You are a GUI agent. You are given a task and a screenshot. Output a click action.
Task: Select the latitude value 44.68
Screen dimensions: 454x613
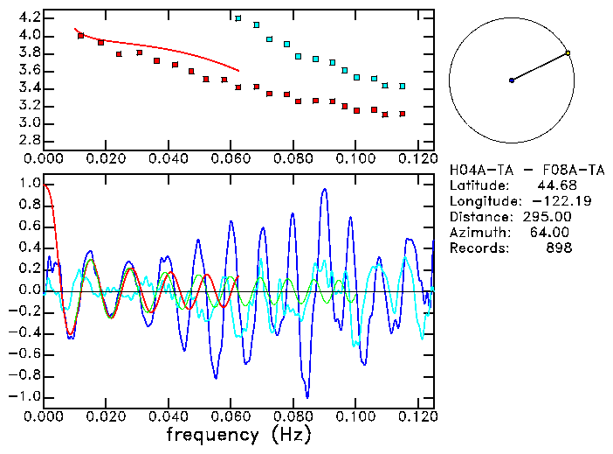click(x=552, y=185)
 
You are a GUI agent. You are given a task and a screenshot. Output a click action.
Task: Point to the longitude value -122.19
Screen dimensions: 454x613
click(x=548, y=201)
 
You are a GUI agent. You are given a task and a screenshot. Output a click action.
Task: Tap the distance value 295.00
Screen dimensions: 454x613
click(x=548, y=217)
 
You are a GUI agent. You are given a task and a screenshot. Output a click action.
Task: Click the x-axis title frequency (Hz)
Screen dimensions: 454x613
click(x=238, y=435)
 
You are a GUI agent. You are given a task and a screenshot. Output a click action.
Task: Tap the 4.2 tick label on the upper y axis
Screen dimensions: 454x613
click(x=28, y=17)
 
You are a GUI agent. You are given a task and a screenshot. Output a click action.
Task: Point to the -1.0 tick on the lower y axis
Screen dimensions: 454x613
click(x=24, y=396)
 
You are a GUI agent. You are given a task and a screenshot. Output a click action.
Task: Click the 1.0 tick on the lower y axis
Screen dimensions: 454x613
click(x=28, y=184)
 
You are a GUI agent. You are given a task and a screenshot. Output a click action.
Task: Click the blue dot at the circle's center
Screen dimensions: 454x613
click(x=512, y=80)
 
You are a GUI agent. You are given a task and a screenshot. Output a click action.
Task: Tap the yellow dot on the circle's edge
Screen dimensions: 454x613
click(x=568, y=53)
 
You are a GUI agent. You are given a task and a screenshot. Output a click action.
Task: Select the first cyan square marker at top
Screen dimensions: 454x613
click(x=238, y=18)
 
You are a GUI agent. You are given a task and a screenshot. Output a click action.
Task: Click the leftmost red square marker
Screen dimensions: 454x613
click(x=80, y=36)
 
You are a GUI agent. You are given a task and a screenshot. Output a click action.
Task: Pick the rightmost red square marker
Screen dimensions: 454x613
click(x=402, y=114)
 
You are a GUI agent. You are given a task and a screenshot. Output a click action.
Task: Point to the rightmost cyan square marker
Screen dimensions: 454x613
click(x=402, y=87)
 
